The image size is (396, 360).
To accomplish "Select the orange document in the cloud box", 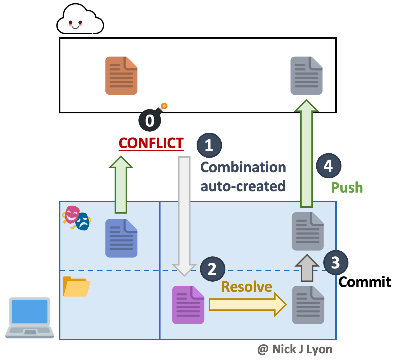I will pyautogui.click(x=121, y=76).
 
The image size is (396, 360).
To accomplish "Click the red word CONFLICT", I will pyautogui.click(x=151, y=143).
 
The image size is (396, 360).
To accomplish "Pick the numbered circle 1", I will pyautogui.click(x=209, y=145).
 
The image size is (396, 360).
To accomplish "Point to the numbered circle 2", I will pyautogui.click(x=213, y=269).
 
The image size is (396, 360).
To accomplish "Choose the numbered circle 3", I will pyautogui.click(x=336, y=263).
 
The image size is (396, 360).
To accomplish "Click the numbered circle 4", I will pyautogui.click(x=329, y=166).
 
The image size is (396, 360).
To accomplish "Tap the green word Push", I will pyautogui.click(x=347, y=188).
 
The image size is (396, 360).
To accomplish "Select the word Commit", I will pyautogui.click(x=365, y=282).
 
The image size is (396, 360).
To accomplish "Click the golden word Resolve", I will pyautogui.click(x=247, y=287).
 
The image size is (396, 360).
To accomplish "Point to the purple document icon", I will pyautogui.click(x=188, y=305).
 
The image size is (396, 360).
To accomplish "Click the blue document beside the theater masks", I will pyautogui.click(x=121, y=238).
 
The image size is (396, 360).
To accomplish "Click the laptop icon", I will pyautogui.click(x=30, y=318).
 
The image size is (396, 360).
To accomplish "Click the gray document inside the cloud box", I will pyautogui.click(x=307, y=76).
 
